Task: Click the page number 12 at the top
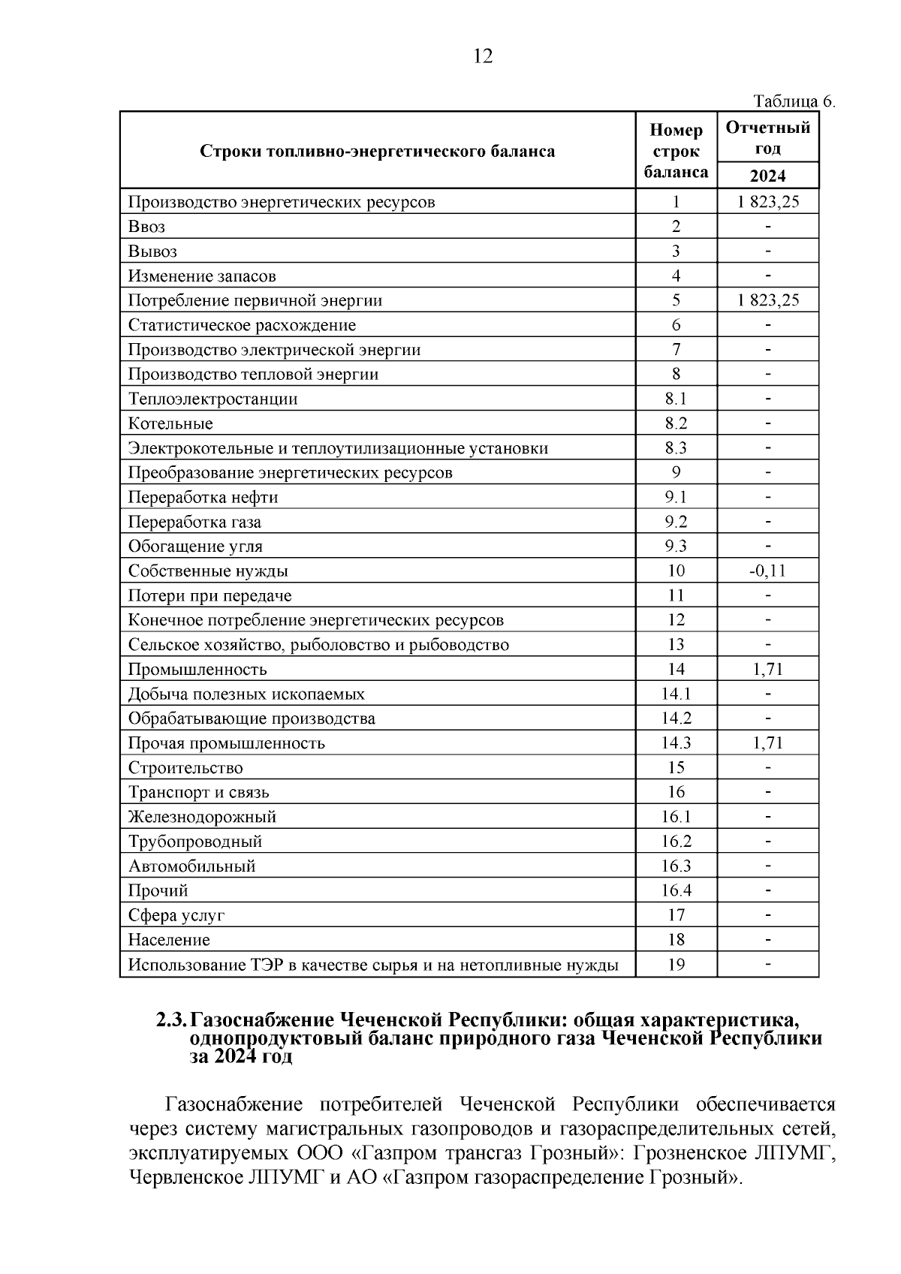click(483, 56)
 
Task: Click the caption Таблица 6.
click(794, 101)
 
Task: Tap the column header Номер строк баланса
click(676, 151)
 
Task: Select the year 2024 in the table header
click(767, 176)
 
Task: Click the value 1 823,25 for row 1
click(767, 202)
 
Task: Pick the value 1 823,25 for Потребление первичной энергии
click(767, 300)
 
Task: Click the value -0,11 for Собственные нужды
click(767, 571)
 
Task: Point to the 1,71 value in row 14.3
click(767, 743)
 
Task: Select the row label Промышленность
click(197, 670)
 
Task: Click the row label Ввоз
click(146, 227)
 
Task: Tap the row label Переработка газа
click(194, 522)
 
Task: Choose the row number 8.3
click(676, 448)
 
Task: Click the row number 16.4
click(676, 891)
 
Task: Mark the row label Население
click(169, 940)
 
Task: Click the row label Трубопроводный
click(195, 842)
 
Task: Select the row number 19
click(676, 965)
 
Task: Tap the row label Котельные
click(170, 423)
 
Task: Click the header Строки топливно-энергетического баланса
click(378, 151)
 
